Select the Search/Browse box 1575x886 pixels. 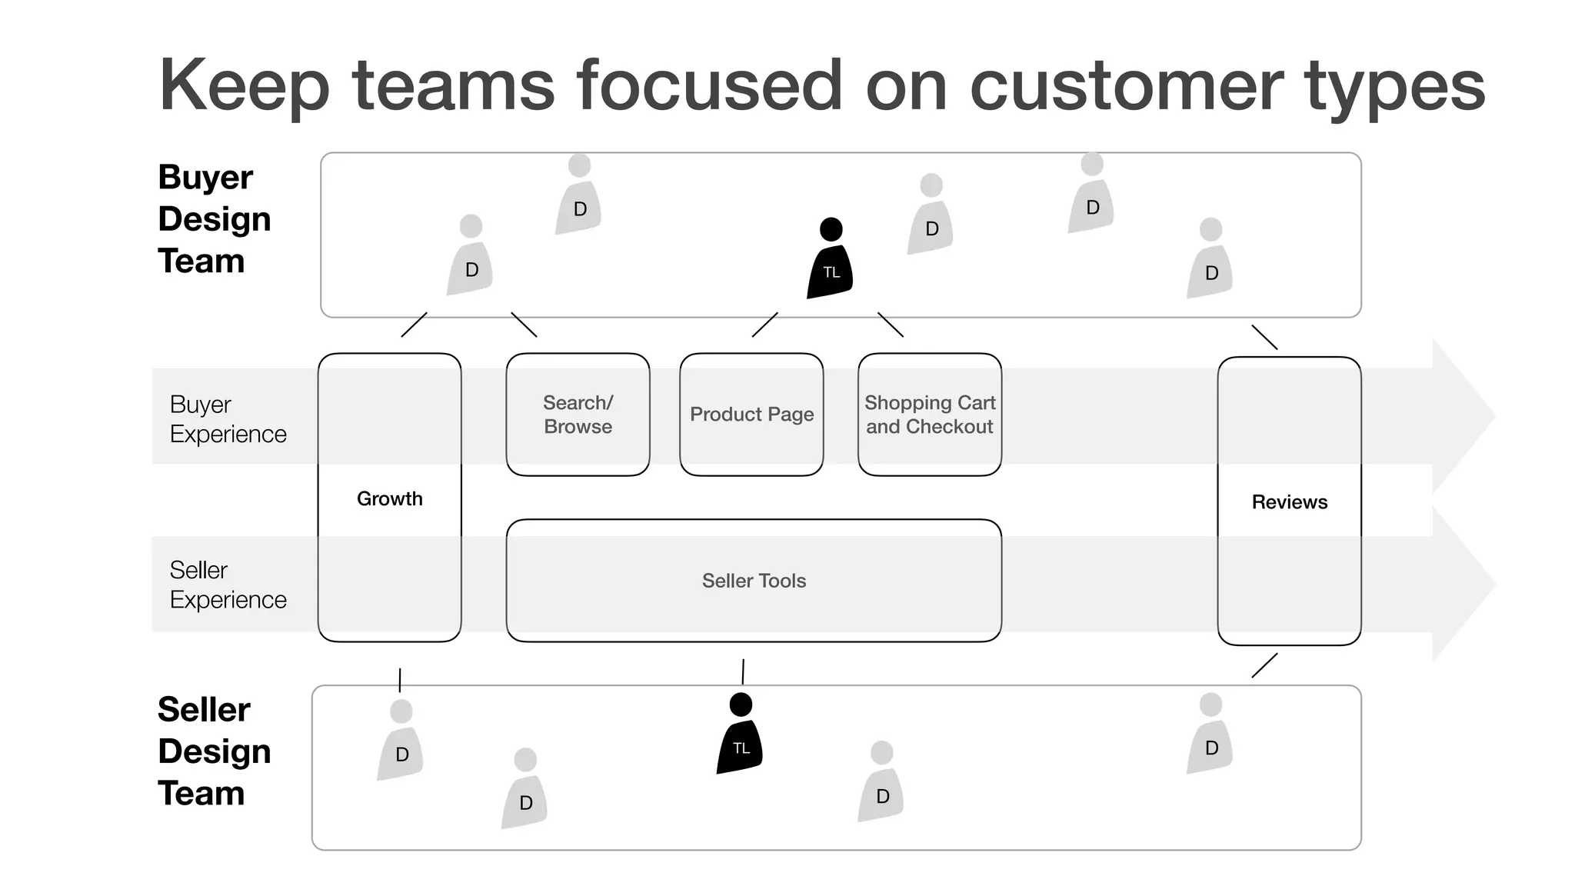pos(578,415)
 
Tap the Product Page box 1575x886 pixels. pos(751,415)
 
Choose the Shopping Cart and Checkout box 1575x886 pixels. pos(930,415)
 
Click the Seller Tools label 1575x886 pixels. pos(754,581)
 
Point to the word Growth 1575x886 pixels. pos(390,498)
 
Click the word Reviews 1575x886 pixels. pos(1290,502)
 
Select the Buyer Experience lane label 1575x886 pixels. pos(228,419)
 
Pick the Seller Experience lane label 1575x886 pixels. pos(228,585)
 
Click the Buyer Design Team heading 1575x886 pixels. pos(214,219)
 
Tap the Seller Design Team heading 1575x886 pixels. pos(214,751)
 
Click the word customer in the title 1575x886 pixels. pos(1126,86)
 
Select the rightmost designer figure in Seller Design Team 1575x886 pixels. pos(1210,734)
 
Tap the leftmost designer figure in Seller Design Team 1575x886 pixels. pos(400,741)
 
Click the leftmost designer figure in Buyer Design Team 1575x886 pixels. pos(470,257)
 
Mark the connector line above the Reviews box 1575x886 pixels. pos(1264,338)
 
